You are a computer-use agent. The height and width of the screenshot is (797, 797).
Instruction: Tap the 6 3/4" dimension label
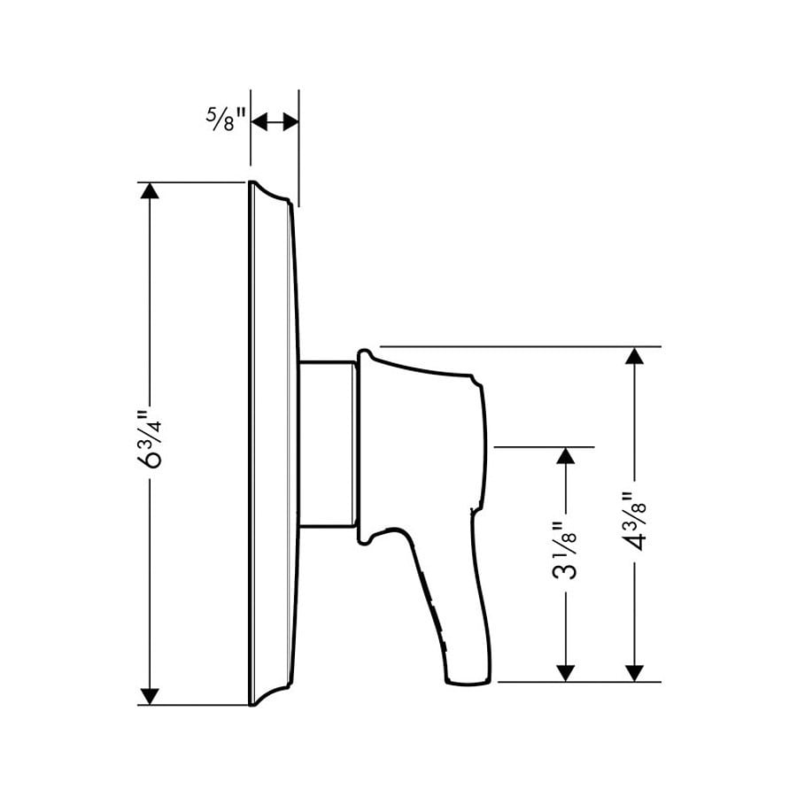click(151, 444)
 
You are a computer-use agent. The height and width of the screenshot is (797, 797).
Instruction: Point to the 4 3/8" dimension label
click(634, 522)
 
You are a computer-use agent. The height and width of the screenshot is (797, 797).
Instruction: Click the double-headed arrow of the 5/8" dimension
click(275, 121)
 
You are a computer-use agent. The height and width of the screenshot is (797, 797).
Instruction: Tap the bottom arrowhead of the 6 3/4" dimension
click(150, 695)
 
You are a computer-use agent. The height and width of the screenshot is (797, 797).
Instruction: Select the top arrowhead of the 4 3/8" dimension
click(634, 356)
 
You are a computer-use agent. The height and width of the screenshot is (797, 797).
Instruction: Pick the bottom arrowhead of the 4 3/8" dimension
click(634, 671)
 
